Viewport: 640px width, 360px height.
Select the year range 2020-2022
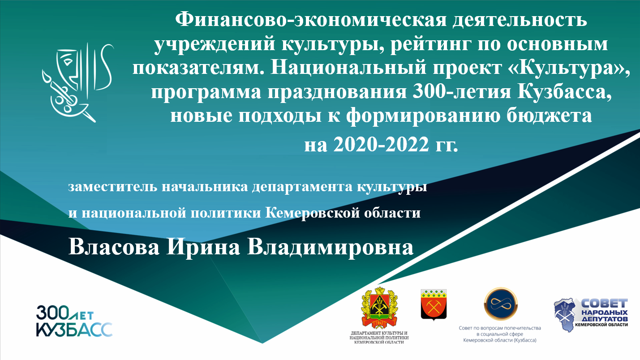(381, 144)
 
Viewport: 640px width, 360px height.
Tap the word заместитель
(112, 187)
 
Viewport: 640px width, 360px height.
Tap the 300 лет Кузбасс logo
(74, 321)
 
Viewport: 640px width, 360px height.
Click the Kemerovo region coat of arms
(379, 308)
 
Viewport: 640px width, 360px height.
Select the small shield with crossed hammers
(434, 304)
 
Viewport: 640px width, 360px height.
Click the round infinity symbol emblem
(501, 304)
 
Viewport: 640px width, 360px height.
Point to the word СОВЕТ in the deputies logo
(604, 304)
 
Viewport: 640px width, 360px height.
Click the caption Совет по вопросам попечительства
(500, 328)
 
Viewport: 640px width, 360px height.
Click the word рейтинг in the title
(430, 45)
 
